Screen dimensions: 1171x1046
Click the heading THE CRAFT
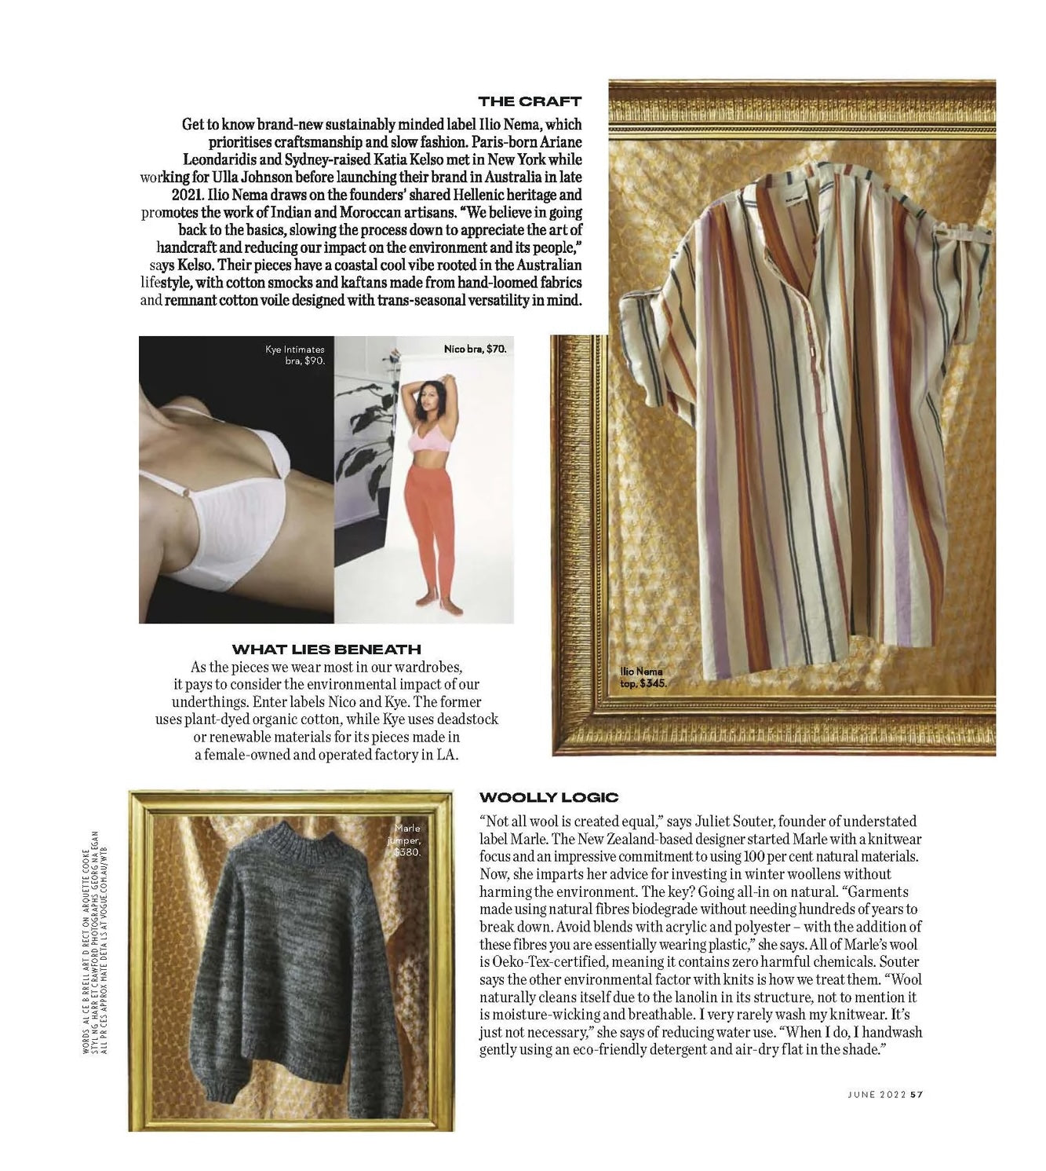click(x=530, y=101)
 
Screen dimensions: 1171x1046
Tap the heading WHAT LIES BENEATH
click(x=326, y=650)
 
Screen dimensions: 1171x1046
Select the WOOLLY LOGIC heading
click(x=549, y=798)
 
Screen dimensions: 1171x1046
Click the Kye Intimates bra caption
click(x=295, y=355)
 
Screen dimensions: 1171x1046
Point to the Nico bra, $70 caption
click(x=475, y=349)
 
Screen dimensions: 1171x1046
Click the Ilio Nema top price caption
click(x=643, y=678)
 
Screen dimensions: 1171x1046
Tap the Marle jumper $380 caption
click(x=407, y=840)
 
